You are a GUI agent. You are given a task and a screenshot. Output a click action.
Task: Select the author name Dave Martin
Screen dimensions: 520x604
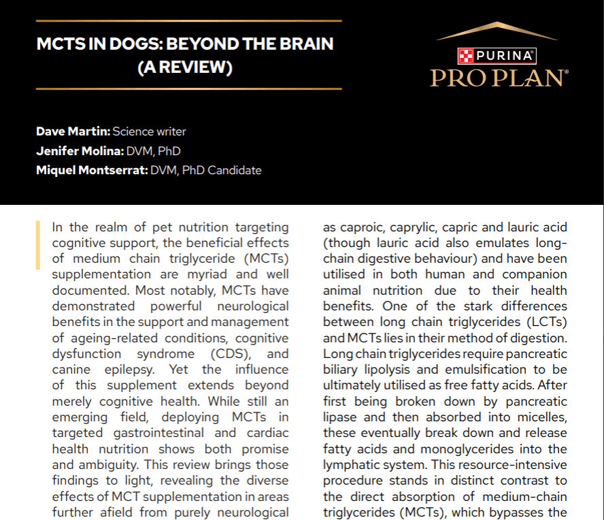coord(73,131)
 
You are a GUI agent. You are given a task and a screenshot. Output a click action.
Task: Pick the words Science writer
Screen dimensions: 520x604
coord(149,131)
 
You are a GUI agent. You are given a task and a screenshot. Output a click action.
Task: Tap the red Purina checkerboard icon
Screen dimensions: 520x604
coord(465,56)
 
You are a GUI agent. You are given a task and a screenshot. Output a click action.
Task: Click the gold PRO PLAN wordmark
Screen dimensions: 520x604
coord(498,78)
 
